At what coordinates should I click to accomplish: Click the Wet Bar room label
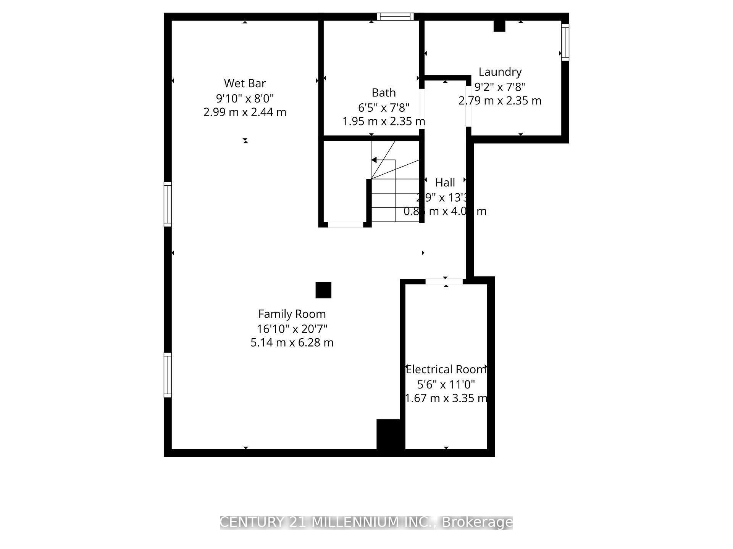[x=245, y=83]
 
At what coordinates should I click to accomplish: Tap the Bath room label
[x=384, y=93]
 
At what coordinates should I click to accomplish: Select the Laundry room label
[x=500, y=72]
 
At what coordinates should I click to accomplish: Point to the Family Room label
[x=292, y=314]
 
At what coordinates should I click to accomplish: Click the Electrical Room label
[x=446, y=369]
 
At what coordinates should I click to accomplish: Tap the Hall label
[x=445, y=183]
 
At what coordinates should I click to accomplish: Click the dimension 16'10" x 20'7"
[x=292, y=328]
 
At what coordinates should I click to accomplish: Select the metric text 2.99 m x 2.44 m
[x=245, y=112]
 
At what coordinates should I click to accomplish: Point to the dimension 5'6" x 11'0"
[x=446, y=384]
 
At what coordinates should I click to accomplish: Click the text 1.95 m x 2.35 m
[x=384, y=121]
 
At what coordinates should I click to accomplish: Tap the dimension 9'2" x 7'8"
[x=500, y=87]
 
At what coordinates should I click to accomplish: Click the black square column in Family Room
[x=323, y=290]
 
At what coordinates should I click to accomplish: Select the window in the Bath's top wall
[x=395, y=17]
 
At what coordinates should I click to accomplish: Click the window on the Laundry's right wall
[x=565, y=42]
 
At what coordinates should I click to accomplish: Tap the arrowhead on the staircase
[x=375, y=160]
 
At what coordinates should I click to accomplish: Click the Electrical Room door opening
[x=444, y=281]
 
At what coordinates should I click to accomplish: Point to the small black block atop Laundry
[x=499, y=26]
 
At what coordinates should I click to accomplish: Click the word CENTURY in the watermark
[x=252, y=522]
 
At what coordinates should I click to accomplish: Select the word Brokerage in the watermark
[x=477, y=522]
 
